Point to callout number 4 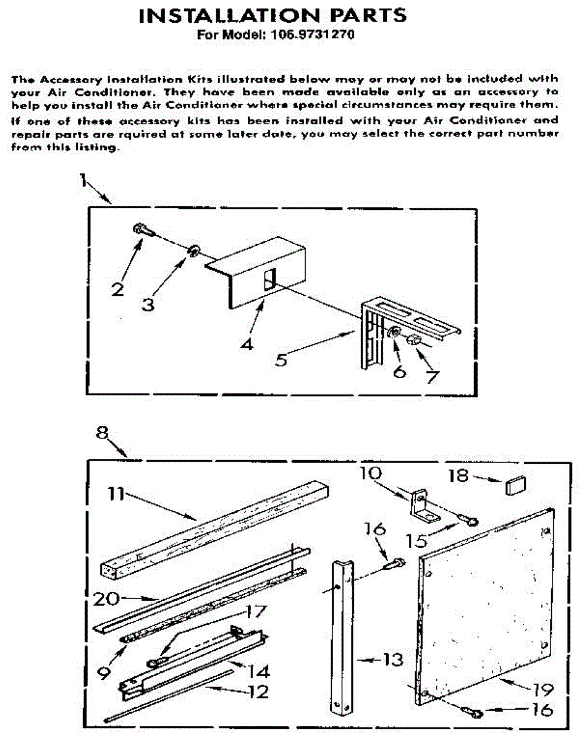point(247,344)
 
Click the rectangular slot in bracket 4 point(268,282)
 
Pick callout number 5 point(281,359)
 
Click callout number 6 point(400,373)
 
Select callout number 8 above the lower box point(103,433)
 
